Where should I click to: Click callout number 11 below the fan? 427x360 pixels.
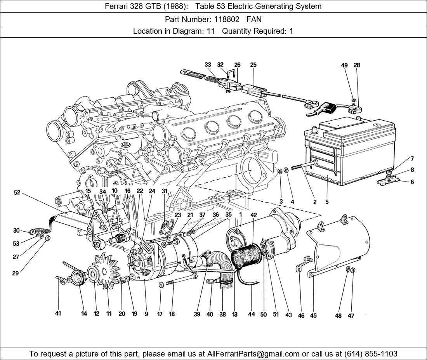coord(109,314)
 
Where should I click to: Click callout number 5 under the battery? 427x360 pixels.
coord(327,202)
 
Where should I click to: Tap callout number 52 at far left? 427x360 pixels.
coord(17,192)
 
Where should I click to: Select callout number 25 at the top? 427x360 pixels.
coord(253,65)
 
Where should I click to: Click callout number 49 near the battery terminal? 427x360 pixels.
coord(344,65)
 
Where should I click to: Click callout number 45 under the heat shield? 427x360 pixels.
coord(313,315)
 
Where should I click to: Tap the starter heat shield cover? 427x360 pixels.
coord(342,244)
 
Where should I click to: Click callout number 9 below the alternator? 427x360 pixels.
coord(146,314)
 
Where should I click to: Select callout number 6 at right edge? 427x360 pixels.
coord(412,182)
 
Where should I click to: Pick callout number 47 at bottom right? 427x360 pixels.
coord(351,316)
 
